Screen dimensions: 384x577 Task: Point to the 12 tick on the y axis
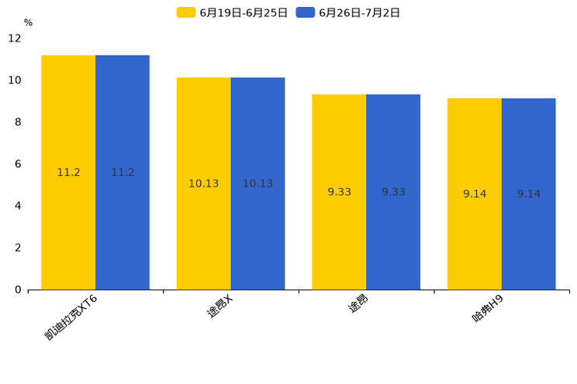pos(15,38)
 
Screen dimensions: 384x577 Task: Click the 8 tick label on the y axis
pos(18,122)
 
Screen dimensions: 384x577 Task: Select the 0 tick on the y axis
pos(18,290)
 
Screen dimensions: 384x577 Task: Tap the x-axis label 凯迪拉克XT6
pos(71,317)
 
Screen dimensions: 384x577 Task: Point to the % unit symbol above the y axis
pos(28,22)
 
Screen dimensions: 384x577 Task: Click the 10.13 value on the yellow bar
pos(203,184)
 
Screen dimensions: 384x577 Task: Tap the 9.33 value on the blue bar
pos(393,192)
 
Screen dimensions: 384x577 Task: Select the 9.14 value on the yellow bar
pos(475,194)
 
